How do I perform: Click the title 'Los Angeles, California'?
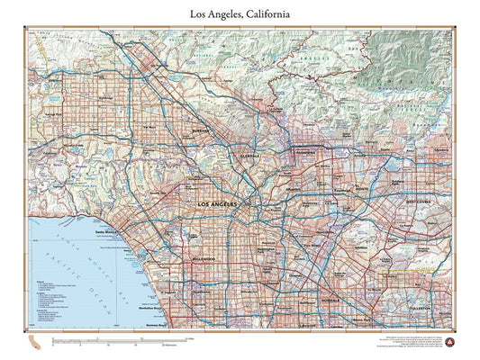point(240,13)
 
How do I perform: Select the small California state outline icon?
point(34,343)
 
